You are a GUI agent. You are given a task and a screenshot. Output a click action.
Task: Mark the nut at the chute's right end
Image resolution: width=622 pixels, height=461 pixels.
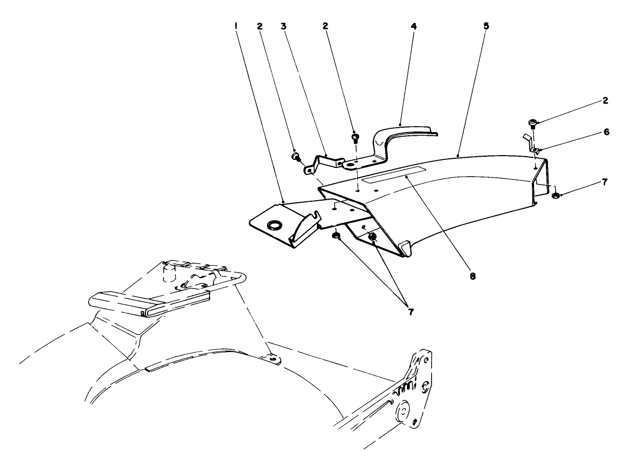[556, 195]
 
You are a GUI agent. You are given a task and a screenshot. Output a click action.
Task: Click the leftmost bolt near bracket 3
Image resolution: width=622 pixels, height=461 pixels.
[295, 156]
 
